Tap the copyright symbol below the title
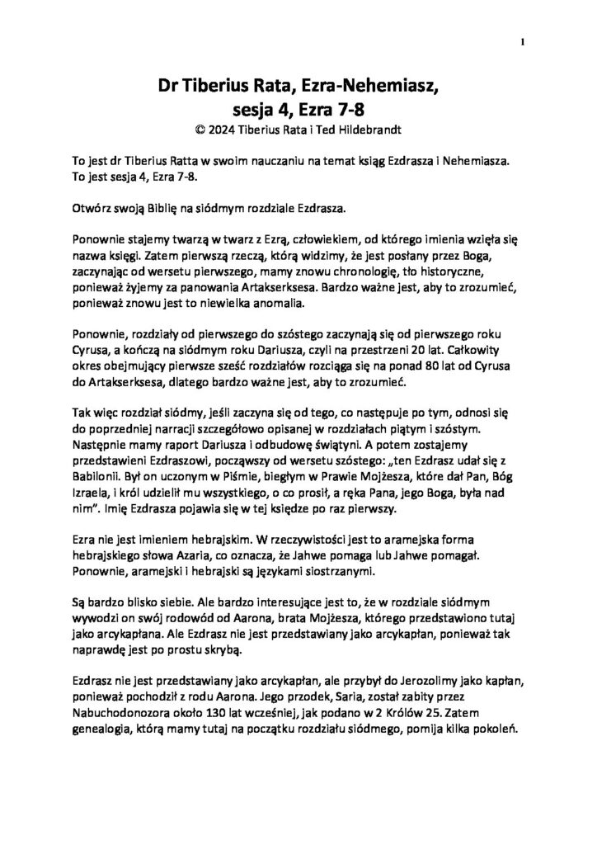coord(195,129)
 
